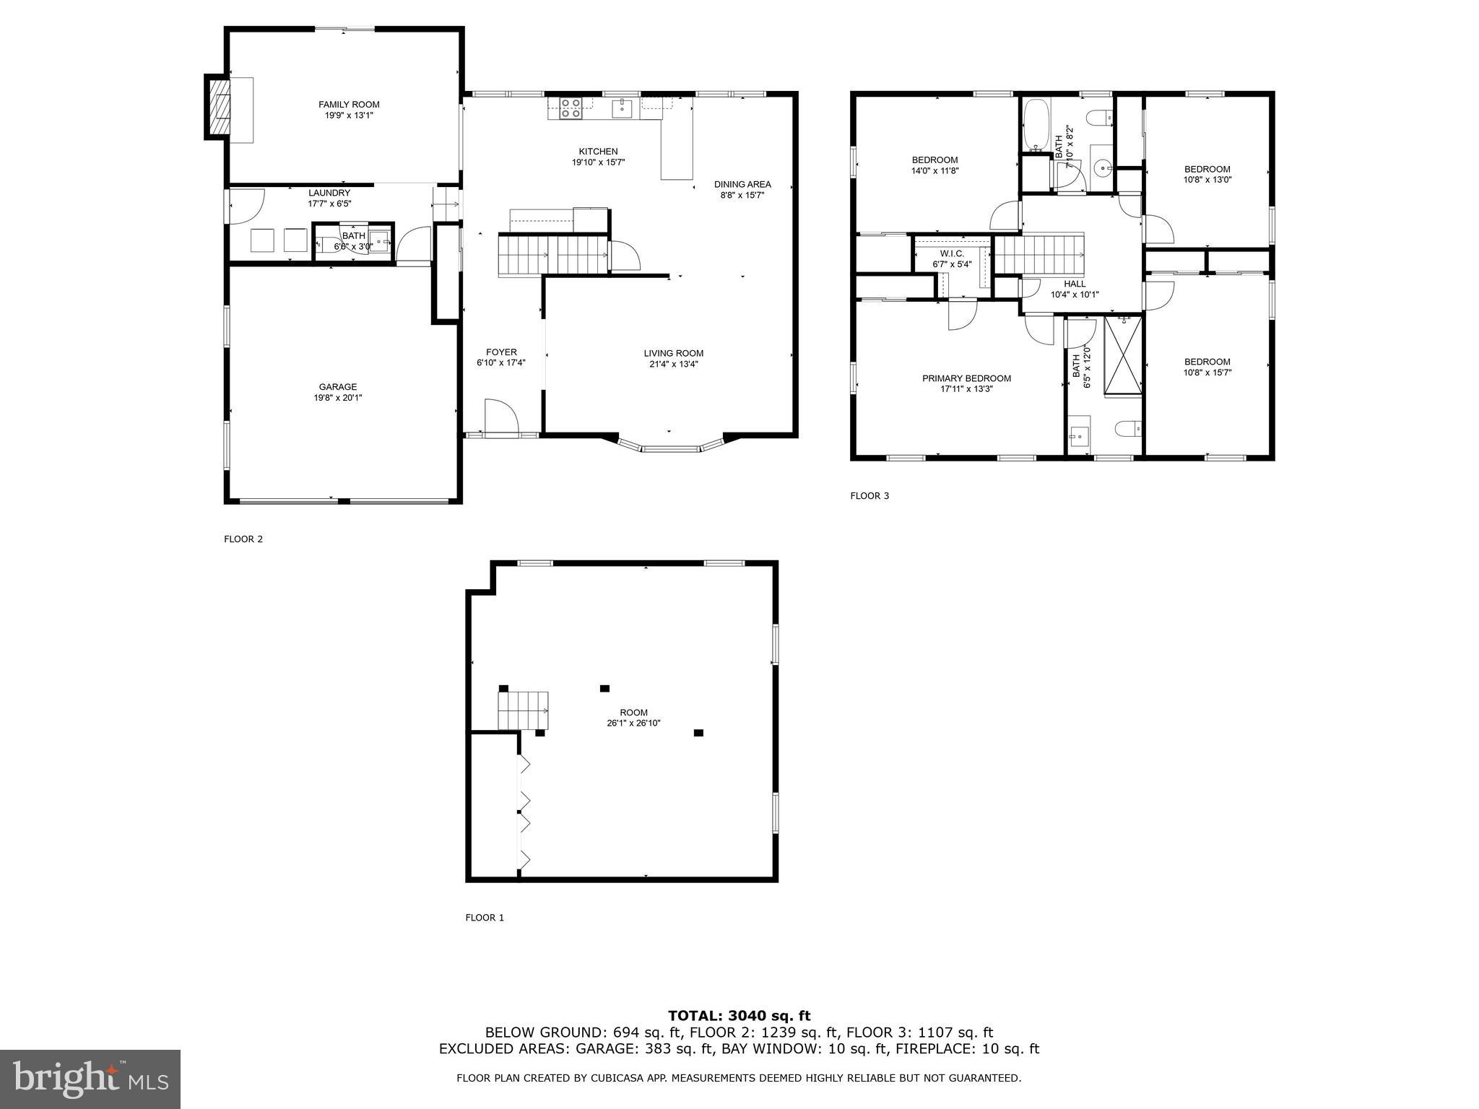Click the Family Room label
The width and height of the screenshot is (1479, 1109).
coord(349,105)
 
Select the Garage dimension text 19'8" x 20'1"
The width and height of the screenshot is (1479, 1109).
coord(337,398)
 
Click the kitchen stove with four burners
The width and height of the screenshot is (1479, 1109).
coord(571,108)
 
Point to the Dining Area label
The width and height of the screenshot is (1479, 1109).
coord(742,184)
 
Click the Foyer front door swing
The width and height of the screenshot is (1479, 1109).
coord(501,418)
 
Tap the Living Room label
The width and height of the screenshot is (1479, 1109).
coord(673,353)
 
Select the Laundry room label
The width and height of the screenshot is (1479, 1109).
coord(329,193)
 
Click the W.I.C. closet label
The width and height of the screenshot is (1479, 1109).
coord(952,253)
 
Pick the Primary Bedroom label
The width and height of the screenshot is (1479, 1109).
coord(966,378)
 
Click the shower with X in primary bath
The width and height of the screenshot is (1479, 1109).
coord(1123,355)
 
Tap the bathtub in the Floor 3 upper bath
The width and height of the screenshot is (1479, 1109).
coord(1036,125)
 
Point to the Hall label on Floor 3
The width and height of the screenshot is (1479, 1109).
coord(1075,284)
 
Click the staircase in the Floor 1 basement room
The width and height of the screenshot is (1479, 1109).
coord(523,710)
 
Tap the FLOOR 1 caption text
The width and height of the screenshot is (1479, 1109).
coord(485,918)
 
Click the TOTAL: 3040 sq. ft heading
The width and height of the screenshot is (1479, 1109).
coord(739,1017)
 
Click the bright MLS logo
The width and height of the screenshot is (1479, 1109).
coord(90,1079)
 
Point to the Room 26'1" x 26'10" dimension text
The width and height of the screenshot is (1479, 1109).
coord(633,723)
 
